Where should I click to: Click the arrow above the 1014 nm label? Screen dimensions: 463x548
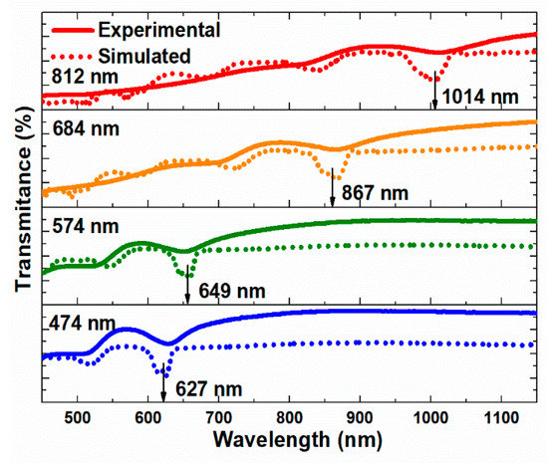click(434, 92)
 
